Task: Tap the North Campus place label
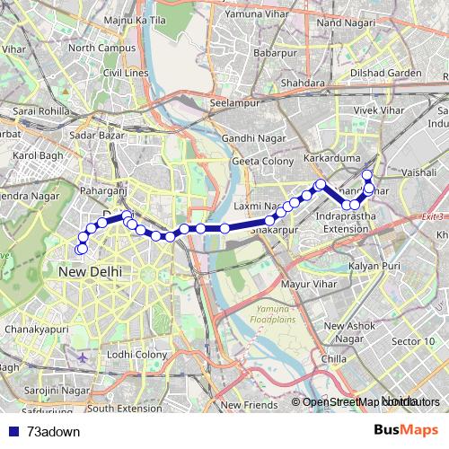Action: (x=94, y=48)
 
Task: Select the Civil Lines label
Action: (x=124, y=73)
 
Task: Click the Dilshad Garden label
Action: (x=386, y=73)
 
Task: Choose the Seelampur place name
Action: (x=233, y=103)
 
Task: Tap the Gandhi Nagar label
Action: (x=252, y=139)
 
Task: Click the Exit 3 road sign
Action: (x=435, y=216)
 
